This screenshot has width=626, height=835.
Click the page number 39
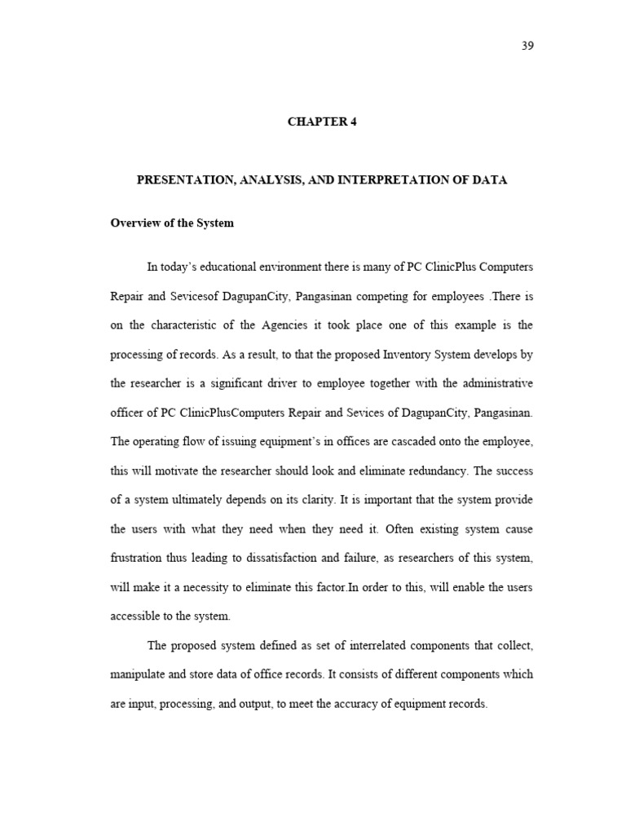(527, 46)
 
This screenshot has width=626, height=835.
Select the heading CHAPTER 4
(322, 122)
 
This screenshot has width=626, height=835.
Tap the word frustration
(139, 558)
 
